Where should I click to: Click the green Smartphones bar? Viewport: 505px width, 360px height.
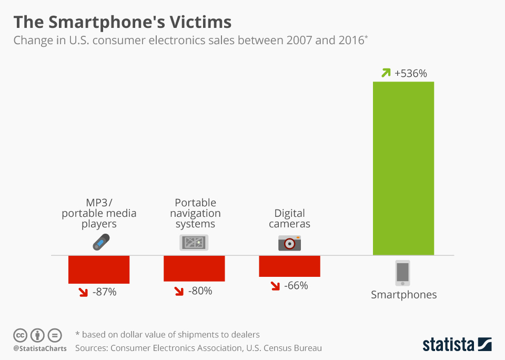coord(403,168)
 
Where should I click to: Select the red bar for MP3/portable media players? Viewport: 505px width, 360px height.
coord(99,269)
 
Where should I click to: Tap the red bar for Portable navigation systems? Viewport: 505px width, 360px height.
coord(194,268)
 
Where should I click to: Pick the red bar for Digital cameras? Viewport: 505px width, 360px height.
coord(289,266)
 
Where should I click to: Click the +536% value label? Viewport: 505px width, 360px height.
coord(411,73)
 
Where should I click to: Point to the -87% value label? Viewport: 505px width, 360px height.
coord(104,292)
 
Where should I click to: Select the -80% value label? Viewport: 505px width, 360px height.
coord(200,290)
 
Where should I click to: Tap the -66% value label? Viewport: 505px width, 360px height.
coord(296,286)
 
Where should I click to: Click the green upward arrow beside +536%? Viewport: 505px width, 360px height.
coord(387,73)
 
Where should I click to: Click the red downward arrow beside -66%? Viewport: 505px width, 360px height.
coord(276,286)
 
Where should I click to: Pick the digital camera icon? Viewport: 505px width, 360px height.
coord(289,243)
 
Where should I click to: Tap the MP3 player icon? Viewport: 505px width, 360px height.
coord(100,242)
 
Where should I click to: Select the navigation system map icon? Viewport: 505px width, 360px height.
coord(194,243)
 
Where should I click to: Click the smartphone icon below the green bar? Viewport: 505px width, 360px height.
coord(402,273)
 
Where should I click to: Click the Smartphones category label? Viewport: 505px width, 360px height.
coord(404,295)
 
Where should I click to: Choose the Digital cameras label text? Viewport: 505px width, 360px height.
coord(289,218)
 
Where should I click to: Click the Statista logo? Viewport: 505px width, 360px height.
coord(457,345)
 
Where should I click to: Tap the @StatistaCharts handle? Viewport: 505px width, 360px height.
coord(40,348)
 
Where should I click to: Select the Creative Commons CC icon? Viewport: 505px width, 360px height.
coord(21,335)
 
